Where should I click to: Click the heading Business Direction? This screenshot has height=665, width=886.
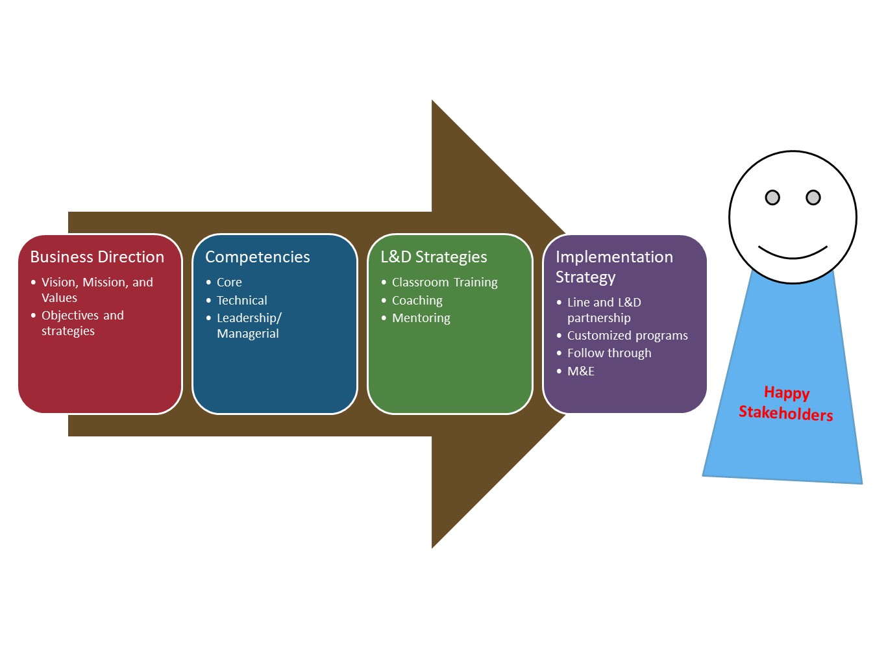point(97,257)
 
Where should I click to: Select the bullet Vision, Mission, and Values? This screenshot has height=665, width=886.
point(97,290)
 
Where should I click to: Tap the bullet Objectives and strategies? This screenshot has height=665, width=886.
point(82,323)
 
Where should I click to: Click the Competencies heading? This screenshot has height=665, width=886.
point(257,257)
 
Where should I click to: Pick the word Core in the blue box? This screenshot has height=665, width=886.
point(229,282)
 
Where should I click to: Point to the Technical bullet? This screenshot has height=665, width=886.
point(241,301)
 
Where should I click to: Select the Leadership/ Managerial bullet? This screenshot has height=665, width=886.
point(249,325)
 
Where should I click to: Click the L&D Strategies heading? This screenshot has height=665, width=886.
point(434,257)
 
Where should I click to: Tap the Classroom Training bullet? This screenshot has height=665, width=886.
point(445,282)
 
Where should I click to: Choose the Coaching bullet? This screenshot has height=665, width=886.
point(417,301)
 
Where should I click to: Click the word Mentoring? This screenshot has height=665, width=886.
point(421,318)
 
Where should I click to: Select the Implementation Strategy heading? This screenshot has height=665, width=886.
point(613,267)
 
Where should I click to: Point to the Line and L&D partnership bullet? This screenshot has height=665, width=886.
point(604,310)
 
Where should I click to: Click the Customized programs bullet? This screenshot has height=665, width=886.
point(627,336)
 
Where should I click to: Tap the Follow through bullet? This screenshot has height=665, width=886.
point(609,353)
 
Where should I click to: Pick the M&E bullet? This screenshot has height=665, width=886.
point(580,371)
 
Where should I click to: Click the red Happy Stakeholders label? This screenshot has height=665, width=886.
point(786,403)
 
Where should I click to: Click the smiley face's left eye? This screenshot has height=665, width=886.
point(772,197)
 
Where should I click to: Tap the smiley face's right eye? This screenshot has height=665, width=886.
point(813,197)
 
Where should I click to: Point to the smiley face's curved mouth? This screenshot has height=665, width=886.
point(793,254)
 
